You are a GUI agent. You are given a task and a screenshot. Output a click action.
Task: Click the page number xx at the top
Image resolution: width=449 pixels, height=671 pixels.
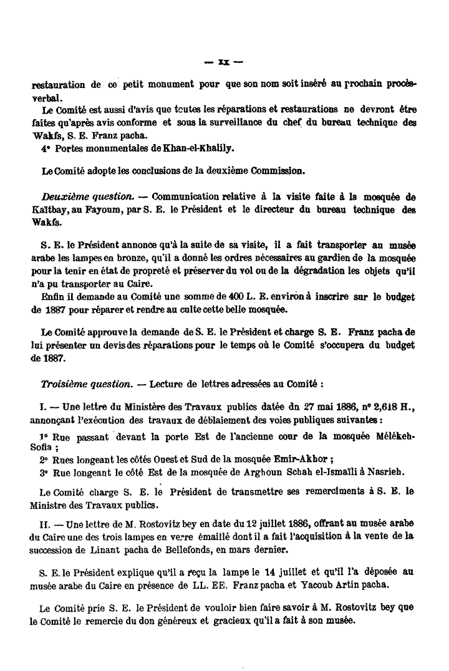click(x=225, y=62)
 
